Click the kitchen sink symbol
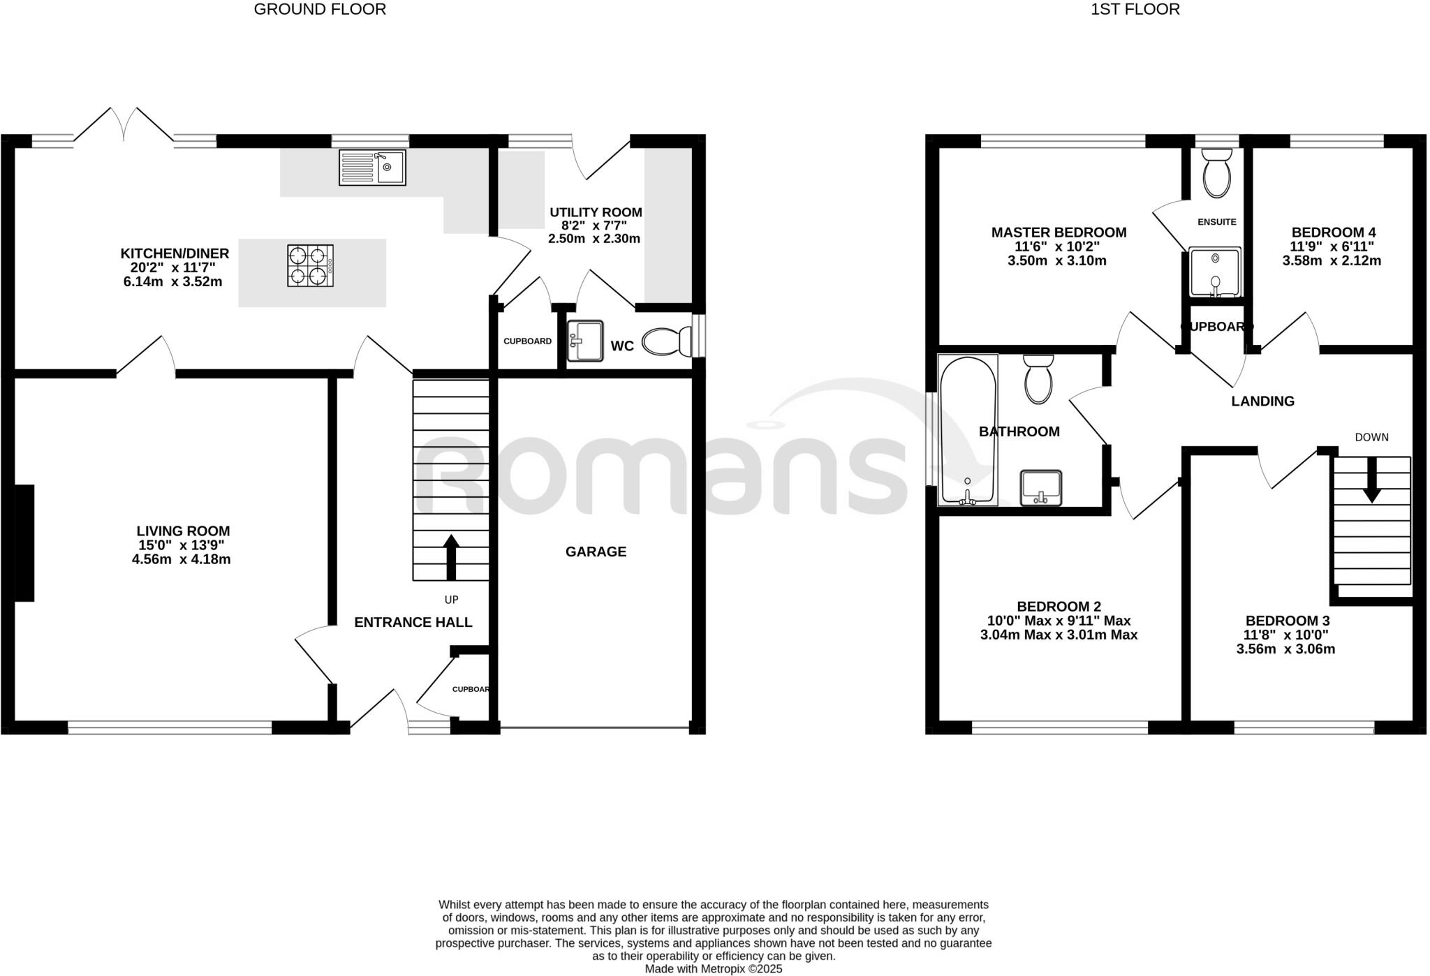tap(372, 168)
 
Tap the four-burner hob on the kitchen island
tap(310, 265)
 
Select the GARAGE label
tap(596, 552)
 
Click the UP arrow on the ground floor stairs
tap(451, 556)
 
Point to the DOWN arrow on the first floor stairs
tap(1372, 481)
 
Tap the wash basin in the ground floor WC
tap(584, 341)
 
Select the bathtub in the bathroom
tap(968, 430)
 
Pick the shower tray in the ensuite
tap(1216, 272)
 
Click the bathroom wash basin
tap(1040, 487)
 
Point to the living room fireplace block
tap(24, 543)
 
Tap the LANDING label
tap(1262, 401)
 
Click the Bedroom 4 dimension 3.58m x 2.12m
tap(1332, 261)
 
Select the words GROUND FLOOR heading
tap(320, 9)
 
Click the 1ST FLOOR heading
tap(1135, 9)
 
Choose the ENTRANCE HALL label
tap(413, 623)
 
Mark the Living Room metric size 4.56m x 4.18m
tap(182, 559)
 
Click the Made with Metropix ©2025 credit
tap(713, 969)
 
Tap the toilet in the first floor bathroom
tap(1038, 380)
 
